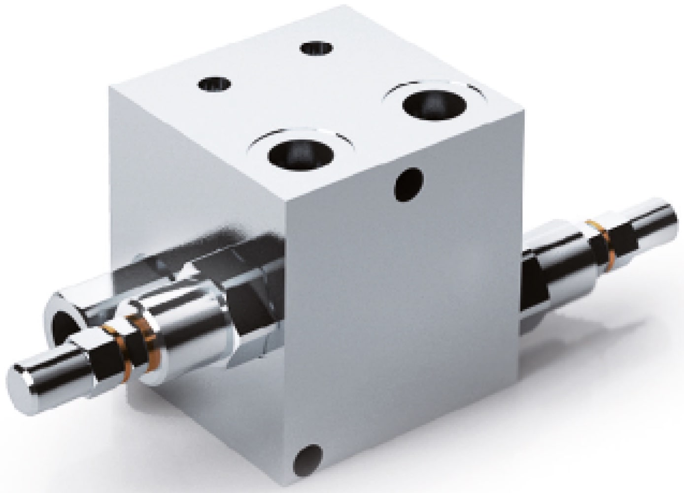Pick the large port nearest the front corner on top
click(x=300, y=154)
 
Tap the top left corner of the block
click(x=109, y=87)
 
